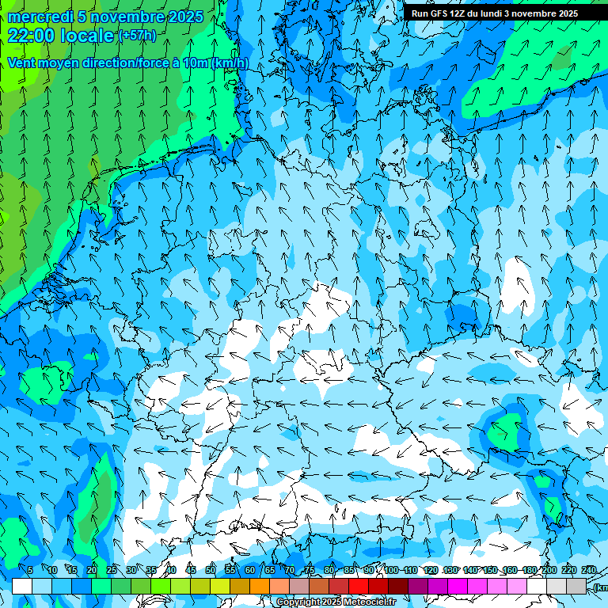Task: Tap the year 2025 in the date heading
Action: (184, 17)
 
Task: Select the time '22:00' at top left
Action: (32, 35)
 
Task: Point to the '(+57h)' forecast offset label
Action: (137, 36)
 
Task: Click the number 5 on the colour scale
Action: (30, 570)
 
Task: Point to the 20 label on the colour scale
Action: (92, 570)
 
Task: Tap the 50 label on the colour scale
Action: (211, 570)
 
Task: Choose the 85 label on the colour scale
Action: (349, 570)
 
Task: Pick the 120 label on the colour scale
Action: (431, 570)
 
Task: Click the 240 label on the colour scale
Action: (589, 570)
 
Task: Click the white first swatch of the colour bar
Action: (22, 586)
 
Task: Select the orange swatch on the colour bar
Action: (260, 586)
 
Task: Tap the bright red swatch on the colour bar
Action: (359, 586)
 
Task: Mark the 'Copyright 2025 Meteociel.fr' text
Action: (336, 602)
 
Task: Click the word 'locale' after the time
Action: (85, 35)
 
